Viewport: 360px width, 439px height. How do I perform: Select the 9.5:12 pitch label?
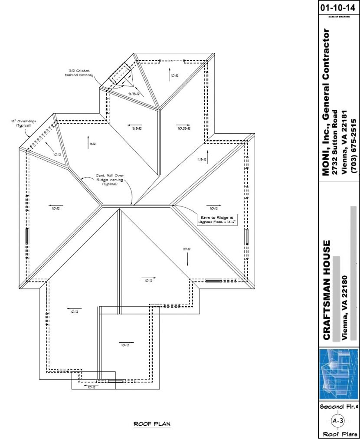tap(138, 128)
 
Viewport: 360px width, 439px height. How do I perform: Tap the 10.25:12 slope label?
tap(184, 128)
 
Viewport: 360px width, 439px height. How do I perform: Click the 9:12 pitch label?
tap(92, 144)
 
